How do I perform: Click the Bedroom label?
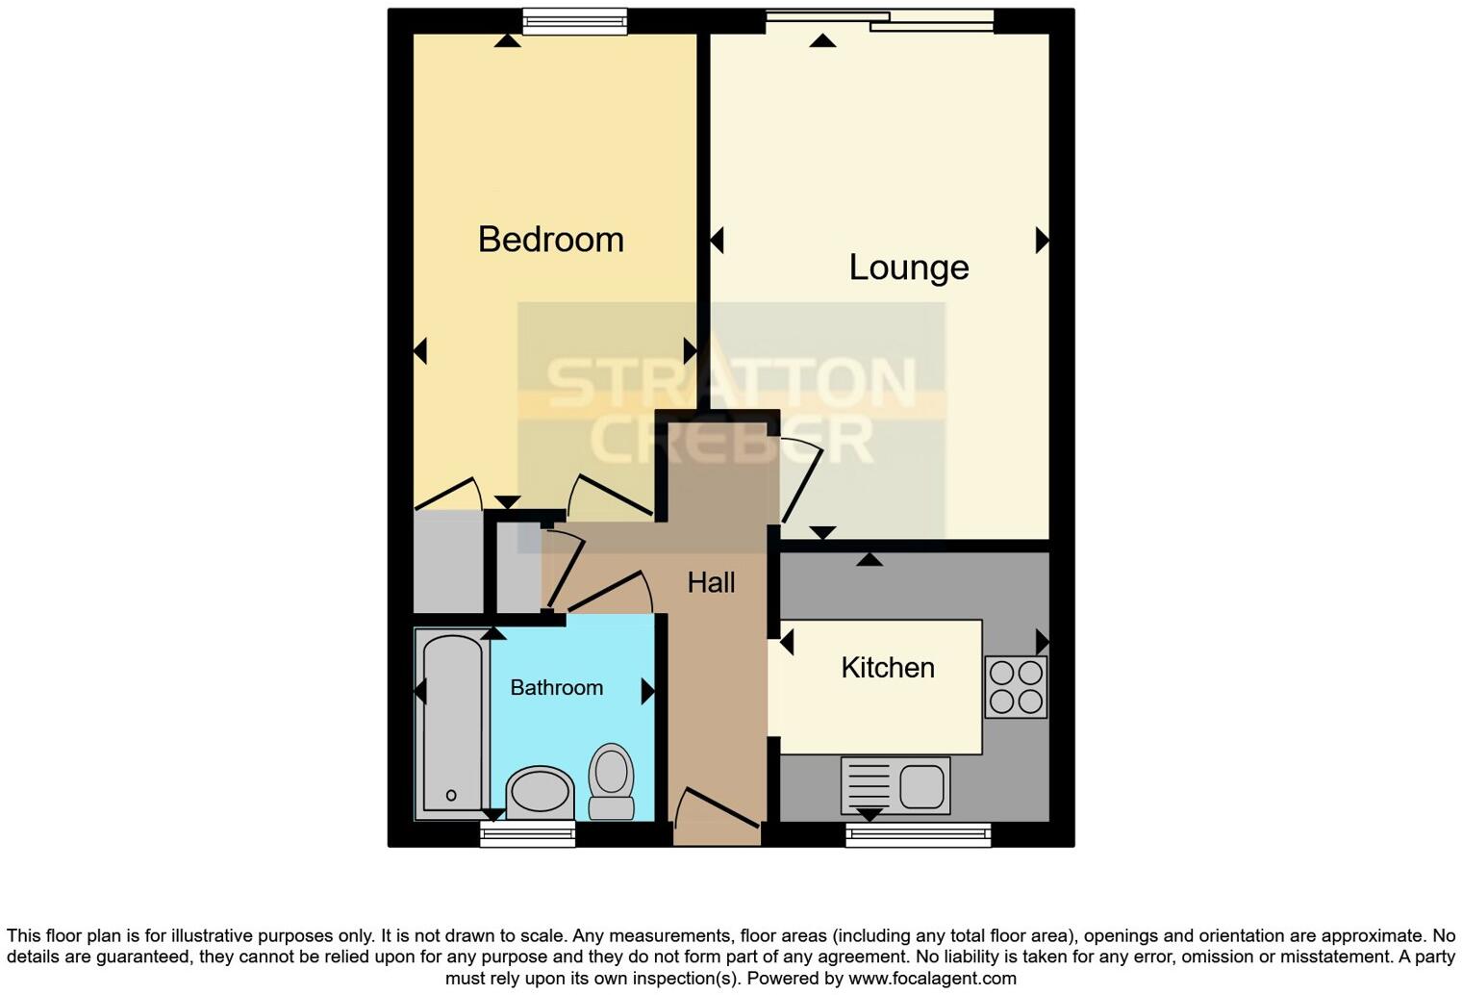550,239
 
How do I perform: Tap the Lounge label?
908,267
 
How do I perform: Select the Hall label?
711,582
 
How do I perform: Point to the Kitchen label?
887,667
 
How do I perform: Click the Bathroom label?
556,687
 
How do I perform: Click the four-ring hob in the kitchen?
1016,687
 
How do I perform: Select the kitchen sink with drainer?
895,785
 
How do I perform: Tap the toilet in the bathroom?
611,780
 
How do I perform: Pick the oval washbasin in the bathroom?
540,792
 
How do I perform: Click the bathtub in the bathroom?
451,723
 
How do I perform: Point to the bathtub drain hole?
451,795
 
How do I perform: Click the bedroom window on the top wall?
574,20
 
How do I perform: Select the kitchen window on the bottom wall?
918,834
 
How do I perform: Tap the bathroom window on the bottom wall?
527,834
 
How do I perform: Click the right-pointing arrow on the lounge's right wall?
1042,240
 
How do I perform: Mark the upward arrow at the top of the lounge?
822,40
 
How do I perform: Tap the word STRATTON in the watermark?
730,383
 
